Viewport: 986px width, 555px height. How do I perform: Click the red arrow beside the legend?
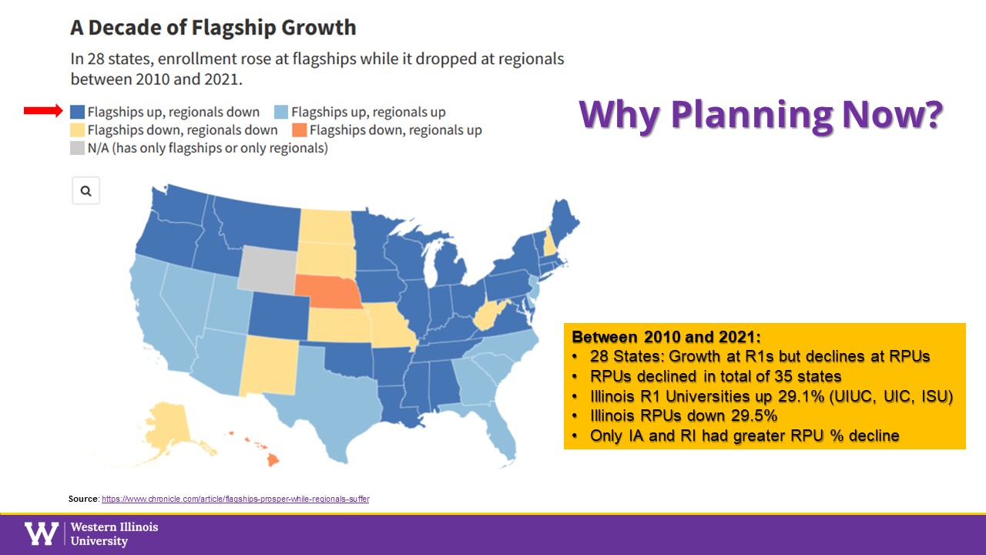pyautogui.click(x=42, y=112)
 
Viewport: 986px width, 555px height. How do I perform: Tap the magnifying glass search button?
pyautogui.click(x=86, y=191)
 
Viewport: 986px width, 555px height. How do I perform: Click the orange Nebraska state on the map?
pyautogui.click(x=328, y=294)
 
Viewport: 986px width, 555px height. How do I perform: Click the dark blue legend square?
pyautogui.click(x=78, y=112)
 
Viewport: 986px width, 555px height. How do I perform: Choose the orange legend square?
pyautogui.click(x=300, y=129)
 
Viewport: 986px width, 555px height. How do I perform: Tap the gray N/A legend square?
pyautogui.click(x=78, y=148)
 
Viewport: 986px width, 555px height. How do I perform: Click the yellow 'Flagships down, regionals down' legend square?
pyautogui.click(x=78, y=129)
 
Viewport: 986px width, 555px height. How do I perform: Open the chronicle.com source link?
pyautogui.click(x=235, y=499)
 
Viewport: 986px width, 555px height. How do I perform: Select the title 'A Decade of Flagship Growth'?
pyautogui.click(x=213, y=29)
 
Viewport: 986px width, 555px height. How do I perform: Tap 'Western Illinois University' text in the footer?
pyautogui.click(x=114, y=533)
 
